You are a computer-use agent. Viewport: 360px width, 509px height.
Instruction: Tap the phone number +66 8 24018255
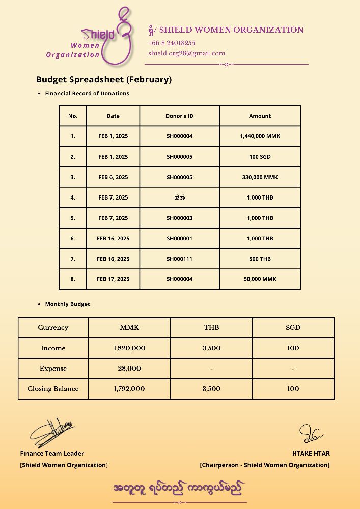click(x=172, y=43)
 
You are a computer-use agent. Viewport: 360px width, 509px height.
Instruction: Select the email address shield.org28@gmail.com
click(x=186, y=53)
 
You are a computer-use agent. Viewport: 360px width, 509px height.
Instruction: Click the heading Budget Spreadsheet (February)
click(x=103, y=79)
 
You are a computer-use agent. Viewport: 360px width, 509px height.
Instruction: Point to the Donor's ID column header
click(x=179, y=116)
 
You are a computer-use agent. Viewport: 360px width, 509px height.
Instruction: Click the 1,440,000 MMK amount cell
click(x=260, y=136)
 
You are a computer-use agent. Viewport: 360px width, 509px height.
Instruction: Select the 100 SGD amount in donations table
click(x=260, y=157)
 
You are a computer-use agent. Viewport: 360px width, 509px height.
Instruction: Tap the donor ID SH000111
click(x=179, y=259)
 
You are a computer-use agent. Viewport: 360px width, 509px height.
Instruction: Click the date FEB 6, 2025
click(x=113, y=177)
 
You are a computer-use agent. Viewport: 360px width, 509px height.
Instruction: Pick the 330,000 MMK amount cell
click(x=260, y=177)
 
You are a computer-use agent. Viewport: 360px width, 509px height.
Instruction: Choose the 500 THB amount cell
click(x=260, y=259)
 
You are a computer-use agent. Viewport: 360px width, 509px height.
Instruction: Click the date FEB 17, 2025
click(x=113, y=279)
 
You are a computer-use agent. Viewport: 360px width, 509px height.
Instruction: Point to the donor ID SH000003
click(x=179, y=218)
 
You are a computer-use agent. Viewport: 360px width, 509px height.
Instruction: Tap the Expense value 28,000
click(x=129, y=368)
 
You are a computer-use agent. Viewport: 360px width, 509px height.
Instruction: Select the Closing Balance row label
click(x=53, y=388)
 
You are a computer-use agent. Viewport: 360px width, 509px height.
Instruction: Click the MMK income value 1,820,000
click(x=129, y=348)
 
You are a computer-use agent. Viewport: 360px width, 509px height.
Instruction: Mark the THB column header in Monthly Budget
click(x=211, y=327)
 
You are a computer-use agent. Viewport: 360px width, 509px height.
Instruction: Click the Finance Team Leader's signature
click(x=51, y=433)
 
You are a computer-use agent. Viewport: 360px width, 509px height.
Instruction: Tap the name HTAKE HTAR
click(x=311, y=453)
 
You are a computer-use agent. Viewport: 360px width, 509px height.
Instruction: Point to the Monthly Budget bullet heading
click(x=67, y=304)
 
